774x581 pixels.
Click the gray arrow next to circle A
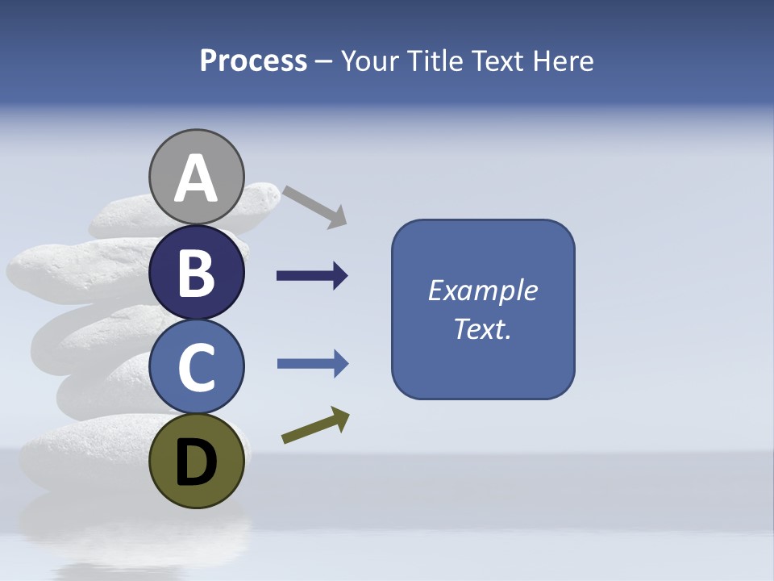pos(315,207)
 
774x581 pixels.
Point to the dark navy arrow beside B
pos(312,276)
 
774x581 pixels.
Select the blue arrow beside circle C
pos(312,364)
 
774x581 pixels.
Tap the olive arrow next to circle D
pos(315,425)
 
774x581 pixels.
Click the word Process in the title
pos(253,61)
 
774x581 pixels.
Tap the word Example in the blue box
pos(482,290)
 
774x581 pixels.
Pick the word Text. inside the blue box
pos(482,329)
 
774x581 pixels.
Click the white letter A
pos(197,179)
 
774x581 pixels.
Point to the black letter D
pos(197,463)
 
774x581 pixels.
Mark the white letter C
pos(197,367)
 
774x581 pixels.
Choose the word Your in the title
pos(372,61)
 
